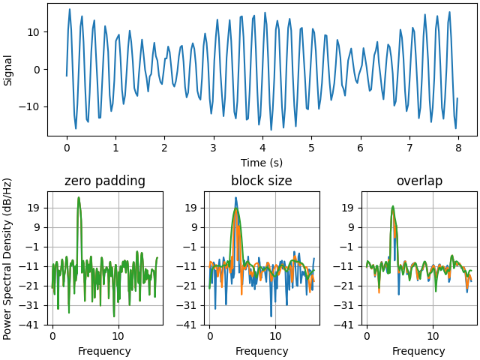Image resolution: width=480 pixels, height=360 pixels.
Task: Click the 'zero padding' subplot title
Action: pyautogui.click(x=105, y=181)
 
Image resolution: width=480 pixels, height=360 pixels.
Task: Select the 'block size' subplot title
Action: pyautogui.click(x=262, y=181)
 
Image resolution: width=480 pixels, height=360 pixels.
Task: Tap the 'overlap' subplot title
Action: pyautogui.click(x=419, y=181)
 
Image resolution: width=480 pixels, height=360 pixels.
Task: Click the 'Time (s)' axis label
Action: pyautogui.click(x=262, y=163)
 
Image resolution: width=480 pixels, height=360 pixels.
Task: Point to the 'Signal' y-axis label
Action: pyautogui.click(x=8, y=70)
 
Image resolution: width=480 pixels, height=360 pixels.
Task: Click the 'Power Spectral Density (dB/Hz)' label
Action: pyautogui.click(x=8, y=258)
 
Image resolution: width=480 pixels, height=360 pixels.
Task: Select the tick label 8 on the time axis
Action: pyautogui.click(x=457, y=148)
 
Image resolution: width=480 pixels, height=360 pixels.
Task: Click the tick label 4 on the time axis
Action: pyautogui.click(x=262, y=148)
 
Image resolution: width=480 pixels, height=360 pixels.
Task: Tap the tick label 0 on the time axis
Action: pyautogui.click(x=67, y=148)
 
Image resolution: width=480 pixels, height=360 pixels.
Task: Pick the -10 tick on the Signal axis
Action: pyautogui.click(x=31, y=106)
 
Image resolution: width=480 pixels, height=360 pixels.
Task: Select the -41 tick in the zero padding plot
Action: pyautogui.click(x=31, y=325)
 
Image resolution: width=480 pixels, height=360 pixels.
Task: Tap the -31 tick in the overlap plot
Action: pyautogui.click(x=346, y=305)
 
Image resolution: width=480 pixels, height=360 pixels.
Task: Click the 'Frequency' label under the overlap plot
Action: pyautogui.click(x=419, y=351)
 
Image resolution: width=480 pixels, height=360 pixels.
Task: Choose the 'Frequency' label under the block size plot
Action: pyautogui.click(x=262, y=351)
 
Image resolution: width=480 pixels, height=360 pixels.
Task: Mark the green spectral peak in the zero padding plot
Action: pyautogui.click(x=78, y=198)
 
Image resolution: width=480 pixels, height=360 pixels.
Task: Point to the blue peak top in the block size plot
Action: pyautogui.click(x=235, y=198)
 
